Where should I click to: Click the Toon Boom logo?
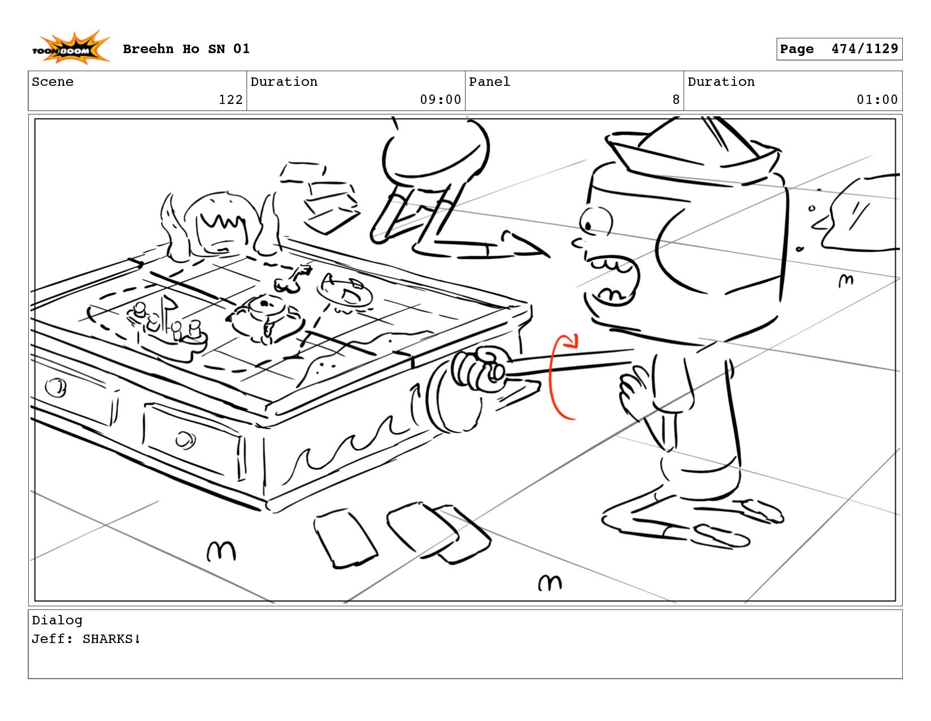[x=70, y=49]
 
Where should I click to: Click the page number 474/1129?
[x=864, y=49]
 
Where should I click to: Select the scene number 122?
[x=230, y=100]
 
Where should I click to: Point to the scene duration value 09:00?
[x=440, y=100]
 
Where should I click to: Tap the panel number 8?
[x=676, y=100]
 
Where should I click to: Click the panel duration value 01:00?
[x=877, y=100]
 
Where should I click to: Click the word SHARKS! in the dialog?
[x=111, y=639]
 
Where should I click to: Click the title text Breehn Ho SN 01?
[x=186, y=49]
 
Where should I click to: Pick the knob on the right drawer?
[x=185, y=439]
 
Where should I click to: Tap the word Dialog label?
[x=57, y=620]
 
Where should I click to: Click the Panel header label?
[x=489, y=82]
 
